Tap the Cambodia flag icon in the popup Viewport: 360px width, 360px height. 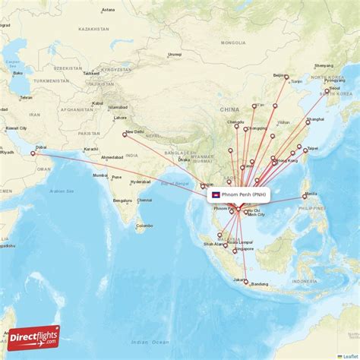tap(216, 194)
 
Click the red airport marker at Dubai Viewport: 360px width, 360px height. tap(33, 154)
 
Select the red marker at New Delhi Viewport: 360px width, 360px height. tap(125, 135)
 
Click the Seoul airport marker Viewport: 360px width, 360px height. tap(327, 91)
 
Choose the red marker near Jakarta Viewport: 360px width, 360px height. tap(245, 282)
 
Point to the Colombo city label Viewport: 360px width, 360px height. tap(144, 226)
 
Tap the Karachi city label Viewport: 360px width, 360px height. tap(92, 149)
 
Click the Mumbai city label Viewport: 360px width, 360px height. tap(99, 175)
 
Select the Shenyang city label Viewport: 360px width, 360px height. tap(324, 65)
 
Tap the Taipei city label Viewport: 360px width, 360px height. tap(312, 148)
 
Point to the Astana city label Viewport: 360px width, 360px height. tap(109, 10)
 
